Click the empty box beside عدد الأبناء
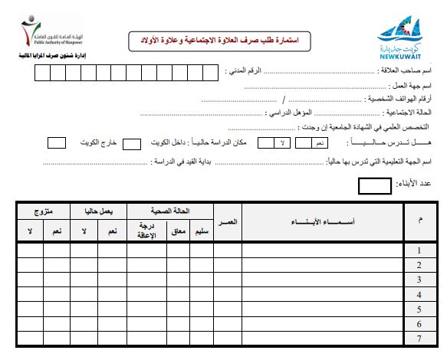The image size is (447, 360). point(375,185)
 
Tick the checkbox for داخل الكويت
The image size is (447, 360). point(132,142)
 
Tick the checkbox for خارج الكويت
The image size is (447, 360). point(56,142)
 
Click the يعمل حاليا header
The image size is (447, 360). point(99,209)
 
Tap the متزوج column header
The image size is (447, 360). point(43,209)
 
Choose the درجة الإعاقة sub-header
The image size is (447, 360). point(143,231)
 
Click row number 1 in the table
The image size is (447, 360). point(419,250)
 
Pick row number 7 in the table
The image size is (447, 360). point(419,338)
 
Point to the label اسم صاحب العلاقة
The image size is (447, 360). point(406,70)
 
